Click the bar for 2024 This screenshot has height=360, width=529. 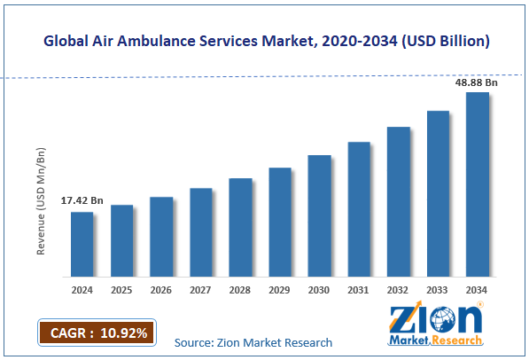pyautogui.click(x=82, y=244)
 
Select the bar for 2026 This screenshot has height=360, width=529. pyautogui.click(x=161, y=236)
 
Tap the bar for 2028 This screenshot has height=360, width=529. pyautogui.click(x=240, y=227)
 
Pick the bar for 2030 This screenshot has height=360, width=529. pyautogui.click(x=319, y=215)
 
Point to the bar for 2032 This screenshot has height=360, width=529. pyautogui.click(x=399, y=201)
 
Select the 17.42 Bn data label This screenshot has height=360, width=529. pyautogui.click(x=82, y=201)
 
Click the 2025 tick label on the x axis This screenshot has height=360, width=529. pyautogui.click(x=121, y=289)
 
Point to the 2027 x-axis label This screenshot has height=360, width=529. pyautogui.click(x=201, y=289)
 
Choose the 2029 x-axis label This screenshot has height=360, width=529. pyautogui.click(x=280, y=289)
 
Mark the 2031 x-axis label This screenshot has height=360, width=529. pyautogui.click(x=359, y=289)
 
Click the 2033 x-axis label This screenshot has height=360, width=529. pyautogui.click(x=438, y=289)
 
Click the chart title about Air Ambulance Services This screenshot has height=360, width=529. pyautogui.click(x=265, y=42)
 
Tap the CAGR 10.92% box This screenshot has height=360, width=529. pyautogui.click(x=97, y=333)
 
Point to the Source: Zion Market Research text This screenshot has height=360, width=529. pyautogui.click(x=253, y=342)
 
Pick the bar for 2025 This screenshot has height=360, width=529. pyautogui.click(x=121, y=240)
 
